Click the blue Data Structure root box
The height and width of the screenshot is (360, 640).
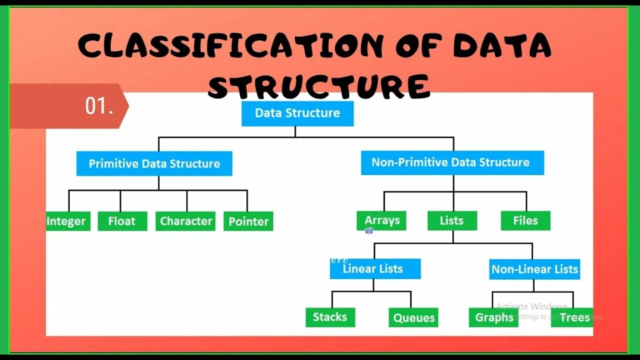[x=297, y=113]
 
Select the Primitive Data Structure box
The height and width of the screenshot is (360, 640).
[x=154, y=163]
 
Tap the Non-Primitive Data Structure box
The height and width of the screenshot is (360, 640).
[x=452, y=162]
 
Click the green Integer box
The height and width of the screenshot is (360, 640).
[x=67, y=221]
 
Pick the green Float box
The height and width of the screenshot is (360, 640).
[x=122, y=221]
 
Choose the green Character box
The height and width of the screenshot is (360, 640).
[x=185, y=221]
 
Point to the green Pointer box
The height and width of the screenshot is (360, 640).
[x=248, y=221]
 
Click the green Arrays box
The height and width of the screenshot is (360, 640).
[x=381, y=220]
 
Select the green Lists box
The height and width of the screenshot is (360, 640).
[x=452, y=220]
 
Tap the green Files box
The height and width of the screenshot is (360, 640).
[x=525, y=220]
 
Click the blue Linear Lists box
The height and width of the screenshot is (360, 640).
[x=374, y=269]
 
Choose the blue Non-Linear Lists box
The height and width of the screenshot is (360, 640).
[x=534, y=269]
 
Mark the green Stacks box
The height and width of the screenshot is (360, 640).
[x=330, y=317]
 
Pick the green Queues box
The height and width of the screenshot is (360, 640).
[x=413, y=317]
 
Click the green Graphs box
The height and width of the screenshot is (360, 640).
[x=493, y=317]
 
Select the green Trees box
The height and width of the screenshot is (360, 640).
[x=573, y=317]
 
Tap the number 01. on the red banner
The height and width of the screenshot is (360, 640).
[x=99, y=106]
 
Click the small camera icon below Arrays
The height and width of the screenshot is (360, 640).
[x=369, y=230]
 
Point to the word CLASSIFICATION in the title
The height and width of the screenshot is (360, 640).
[x=230, y=46]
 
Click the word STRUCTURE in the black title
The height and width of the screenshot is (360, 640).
[x=318, y=86]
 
